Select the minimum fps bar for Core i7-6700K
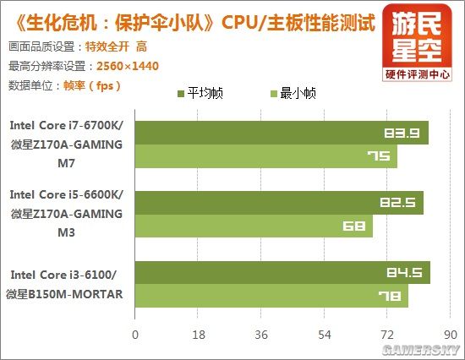click(x=265, y=156)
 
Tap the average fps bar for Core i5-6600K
click(x=278, y=203)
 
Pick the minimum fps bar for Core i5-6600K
click(x=254, y=226)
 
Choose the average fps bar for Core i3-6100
click(x=282, y=273)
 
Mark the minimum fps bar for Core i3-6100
click(x=271, y=297)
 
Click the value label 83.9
click(x=399, y=133)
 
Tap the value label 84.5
click(x=402, y=273)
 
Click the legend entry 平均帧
click(x=204, y=94)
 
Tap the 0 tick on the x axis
click(x=134, y=335)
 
